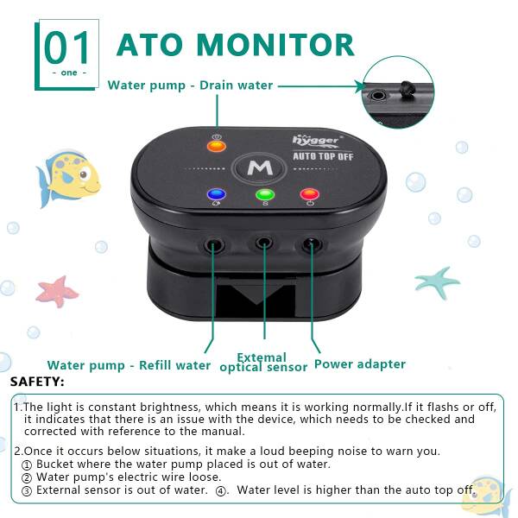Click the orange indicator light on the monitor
pos(217,146)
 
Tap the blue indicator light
pos(217,194)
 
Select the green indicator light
pos(265,194)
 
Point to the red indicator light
pos(310,194)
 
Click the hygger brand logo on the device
pos(316,141)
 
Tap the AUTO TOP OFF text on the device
pos(323,156)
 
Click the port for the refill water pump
pos(214,246)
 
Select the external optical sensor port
pos(264,243)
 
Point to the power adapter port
pos(311,245)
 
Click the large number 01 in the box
pos(66,47)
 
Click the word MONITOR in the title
pos(276,45)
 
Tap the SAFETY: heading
pos(37,382)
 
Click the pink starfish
pos(57,292)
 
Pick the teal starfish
pos(437,282)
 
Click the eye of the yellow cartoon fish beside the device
pos(84,174)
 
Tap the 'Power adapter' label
pos(360,364)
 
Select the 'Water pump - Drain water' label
pos(190,85)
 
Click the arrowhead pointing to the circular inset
pos(360,86)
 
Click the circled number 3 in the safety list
pos(27,491)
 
